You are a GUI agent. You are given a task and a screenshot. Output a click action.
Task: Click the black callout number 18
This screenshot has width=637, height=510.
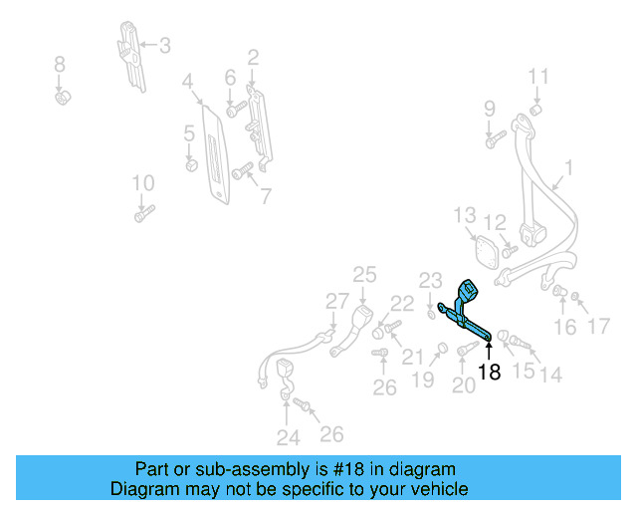click(x=489, y=373)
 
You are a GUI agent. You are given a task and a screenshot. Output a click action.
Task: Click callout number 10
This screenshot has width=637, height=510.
click(x=143, y=183)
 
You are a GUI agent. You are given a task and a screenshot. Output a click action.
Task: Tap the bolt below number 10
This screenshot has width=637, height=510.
click(x=145, y=213)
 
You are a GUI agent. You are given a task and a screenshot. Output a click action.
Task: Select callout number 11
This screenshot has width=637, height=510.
click(x=537, y=77)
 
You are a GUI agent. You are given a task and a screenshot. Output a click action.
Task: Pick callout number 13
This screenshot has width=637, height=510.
click(x=465, y=215)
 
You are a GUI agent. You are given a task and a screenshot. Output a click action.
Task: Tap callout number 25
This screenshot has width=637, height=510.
click(x=365, y=275)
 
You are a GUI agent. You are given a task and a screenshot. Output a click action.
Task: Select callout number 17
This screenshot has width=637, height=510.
click(x=597, y=326)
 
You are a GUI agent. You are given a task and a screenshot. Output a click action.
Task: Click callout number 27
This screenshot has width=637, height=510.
click(x=337, y=302)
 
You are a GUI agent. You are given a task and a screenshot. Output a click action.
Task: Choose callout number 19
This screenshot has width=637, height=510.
click(x=424, y=380)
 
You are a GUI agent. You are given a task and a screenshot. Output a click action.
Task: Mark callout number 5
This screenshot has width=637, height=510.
click(x=188, y=132)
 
